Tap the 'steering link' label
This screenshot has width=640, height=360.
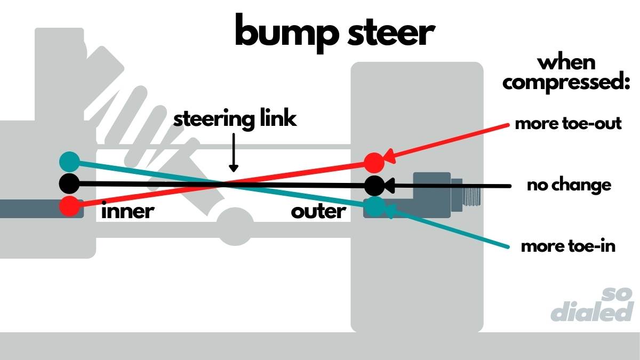pos(235,118)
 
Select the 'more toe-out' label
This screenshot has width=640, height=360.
pos(569,124)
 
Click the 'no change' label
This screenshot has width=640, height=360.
pos(569,186)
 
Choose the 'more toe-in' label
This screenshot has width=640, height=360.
pos(568,247)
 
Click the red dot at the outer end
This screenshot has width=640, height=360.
pos(374,162)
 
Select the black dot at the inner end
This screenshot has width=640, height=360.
pos(69,183)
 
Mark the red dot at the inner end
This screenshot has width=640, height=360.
pos(69,205)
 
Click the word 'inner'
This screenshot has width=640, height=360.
pos(127,212)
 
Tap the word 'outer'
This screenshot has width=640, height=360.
pos(318,212)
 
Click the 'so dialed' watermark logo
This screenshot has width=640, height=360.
pos(592,306)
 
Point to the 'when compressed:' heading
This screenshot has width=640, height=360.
pos(566,73)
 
